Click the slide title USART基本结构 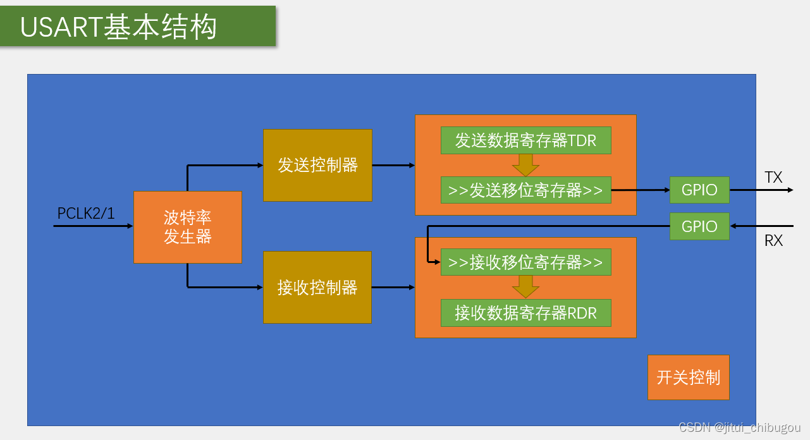[119, 27]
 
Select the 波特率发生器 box [188, 227]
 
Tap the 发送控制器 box [317, 166]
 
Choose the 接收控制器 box [317, 288]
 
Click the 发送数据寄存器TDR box [525, 140]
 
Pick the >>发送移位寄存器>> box [525, 190]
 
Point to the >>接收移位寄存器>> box [525, 262]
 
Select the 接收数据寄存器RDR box [525, 312]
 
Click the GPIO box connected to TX [699, 190]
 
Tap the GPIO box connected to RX [699, 226]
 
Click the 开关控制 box [688, 377]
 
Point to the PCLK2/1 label [86, 214]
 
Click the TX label [773, 178]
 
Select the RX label [773, 241]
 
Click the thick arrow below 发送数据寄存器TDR [525, 166]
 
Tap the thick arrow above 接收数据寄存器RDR [525, 287]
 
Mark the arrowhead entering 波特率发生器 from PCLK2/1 [130, 226]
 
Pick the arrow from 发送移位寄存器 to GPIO [640, 190]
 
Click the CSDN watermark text [739, 428]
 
